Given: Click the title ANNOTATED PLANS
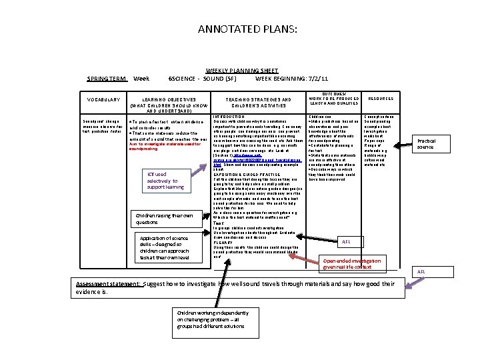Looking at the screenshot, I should (239, 29).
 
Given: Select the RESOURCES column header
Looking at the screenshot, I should (380, 98).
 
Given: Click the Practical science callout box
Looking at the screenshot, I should (426, 144).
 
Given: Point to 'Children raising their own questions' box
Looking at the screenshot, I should (163, 219).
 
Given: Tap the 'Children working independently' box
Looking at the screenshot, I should (207, 319).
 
